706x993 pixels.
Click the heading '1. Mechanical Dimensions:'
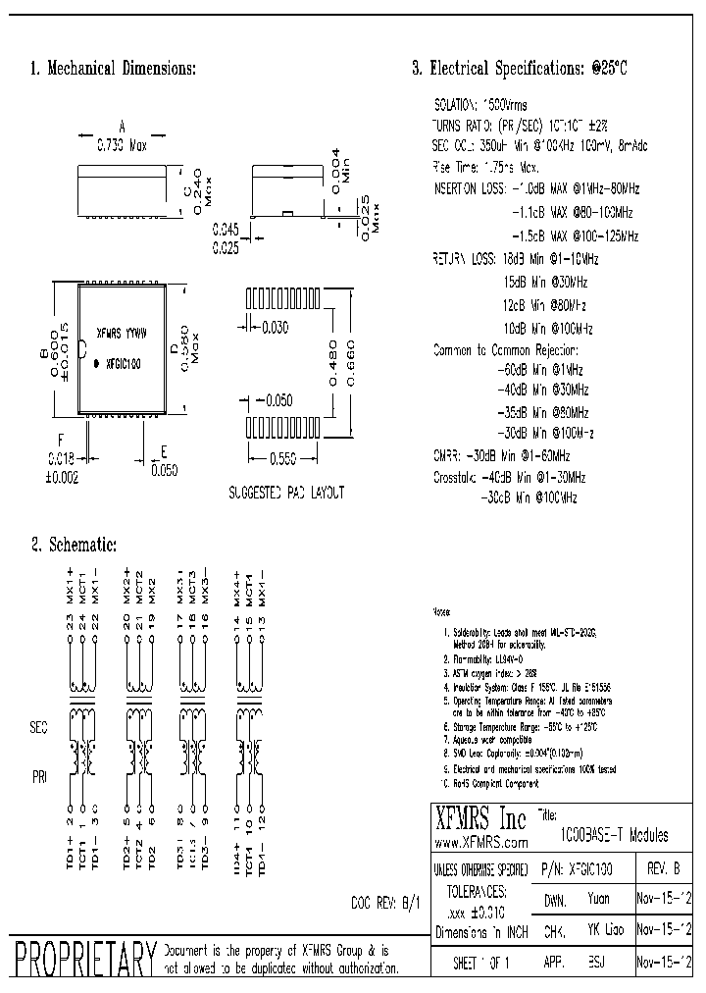pos(114,69)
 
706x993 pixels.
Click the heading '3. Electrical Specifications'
pos(519,69)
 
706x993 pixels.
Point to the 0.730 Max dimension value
pos(121,145)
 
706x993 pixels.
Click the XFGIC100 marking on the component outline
pos(123,364)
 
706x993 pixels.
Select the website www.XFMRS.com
pos(480,843)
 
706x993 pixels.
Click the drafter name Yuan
pos(599,898)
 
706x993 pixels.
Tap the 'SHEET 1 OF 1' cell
pos(481,964)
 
